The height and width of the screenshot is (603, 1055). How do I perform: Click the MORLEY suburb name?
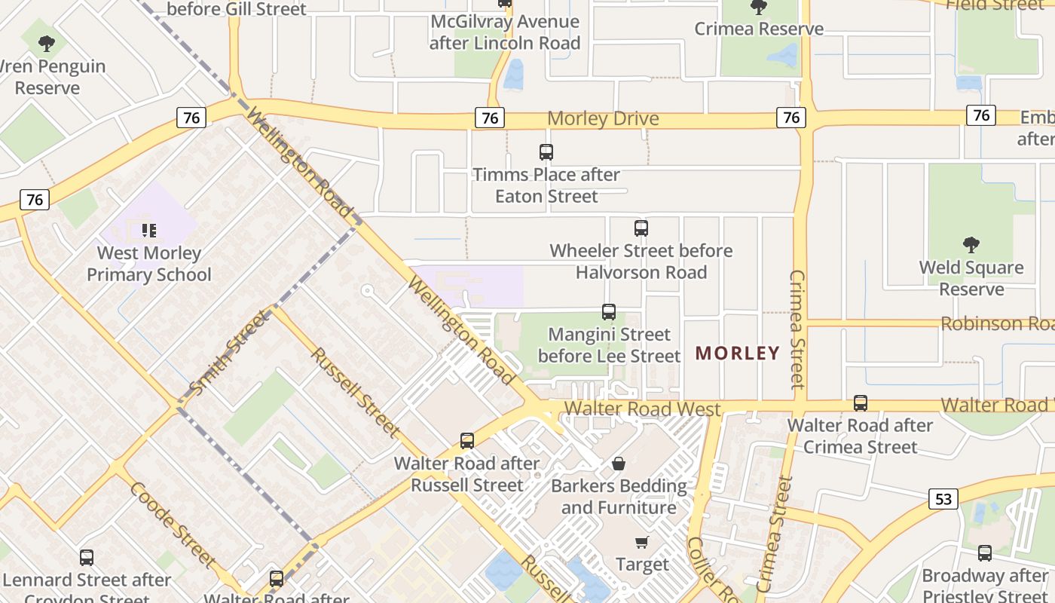737,353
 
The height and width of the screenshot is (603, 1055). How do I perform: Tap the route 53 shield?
943,498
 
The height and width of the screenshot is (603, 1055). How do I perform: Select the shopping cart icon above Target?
642,543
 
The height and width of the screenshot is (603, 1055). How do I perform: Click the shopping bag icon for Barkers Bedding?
619,463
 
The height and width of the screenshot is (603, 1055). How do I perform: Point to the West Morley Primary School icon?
149,230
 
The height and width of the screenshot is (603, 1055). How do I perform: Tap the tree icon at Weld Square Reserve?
971,245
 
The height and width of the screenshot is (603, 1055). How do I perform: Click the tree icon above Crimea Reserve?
759,8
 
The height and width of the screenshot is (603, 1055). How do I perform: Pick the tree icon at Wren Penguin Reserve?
47,44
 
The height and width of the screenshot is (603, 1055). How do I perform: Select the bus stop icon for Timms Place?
546,152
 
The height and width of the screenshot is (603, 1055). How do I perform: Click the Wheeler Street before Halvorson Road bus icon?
641,228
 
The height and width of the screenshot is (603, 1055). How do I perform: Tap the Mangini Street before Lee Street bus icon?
609,311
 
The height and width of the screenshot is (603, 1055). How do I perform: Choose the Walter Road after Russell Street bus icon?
467,441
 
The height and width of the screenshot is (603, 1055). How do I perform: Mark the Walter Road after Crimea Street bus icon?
861,403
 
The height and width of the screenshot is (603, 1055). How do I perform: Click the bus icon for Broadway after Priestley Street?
985,553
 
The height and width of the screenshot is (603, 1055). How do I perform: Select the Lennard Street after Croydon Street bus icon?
87,558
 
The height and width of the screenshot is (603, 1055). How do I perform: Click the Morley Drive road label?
603,119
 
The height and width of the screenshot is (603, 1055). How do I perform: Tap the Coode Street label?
173,524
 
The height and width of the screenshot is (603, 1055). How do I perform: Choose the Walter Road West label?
642,409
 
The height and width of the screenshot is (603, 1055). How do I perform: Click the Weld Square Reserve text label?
971,278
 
